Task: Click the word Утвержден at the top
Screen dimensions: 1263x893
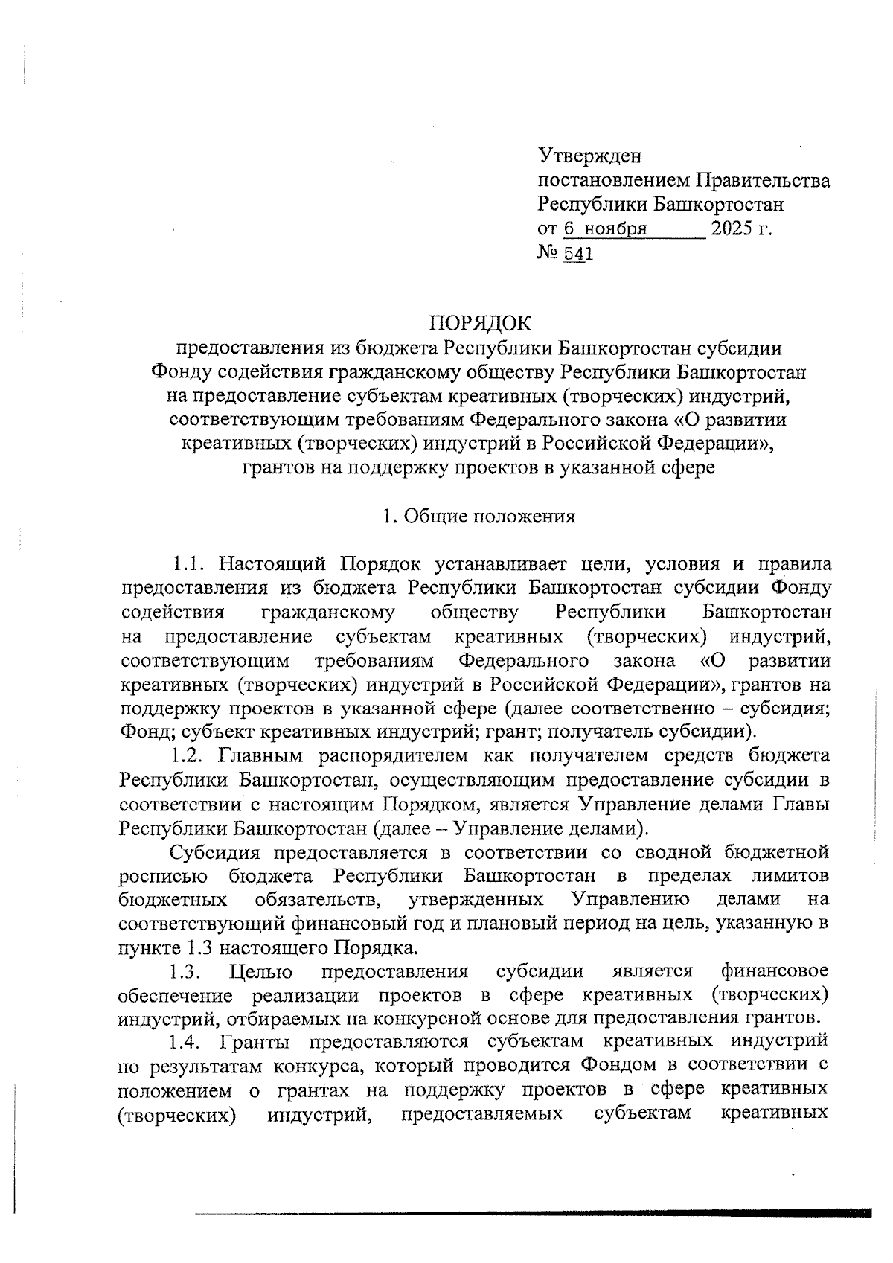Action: [589, 157]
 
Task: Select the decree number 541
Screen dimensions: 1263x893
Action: [578, 255]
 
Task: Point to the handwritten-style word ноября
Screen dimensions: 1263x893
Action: [615, 228]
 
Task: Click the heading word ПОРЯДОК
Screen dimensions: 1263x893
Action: [480, 324]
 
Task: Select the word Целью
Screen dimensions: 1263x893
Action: [261, 972]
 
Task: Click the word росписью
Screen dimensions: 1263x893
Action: [163, 876]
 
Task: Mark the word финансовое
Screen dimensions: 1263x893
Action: [775, 972]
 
